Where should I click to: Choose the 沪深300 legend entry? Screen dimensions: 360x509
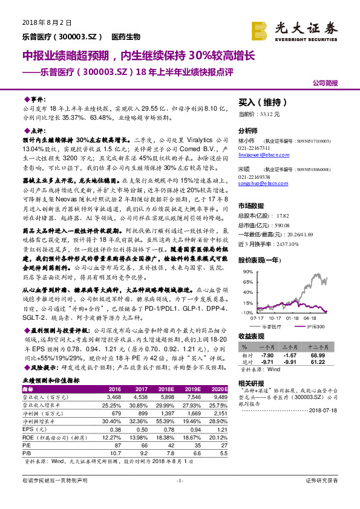click(x=313, y=326)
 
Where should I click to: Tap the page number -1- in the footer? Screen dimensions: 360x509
click(x=180, y=497)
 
